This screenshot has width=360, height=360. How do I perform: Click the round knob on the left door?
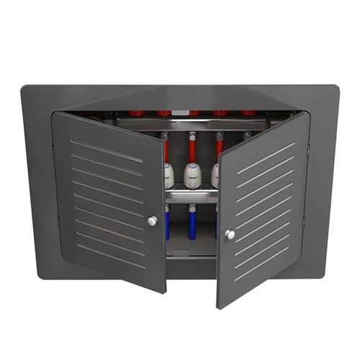(x=152, y=221)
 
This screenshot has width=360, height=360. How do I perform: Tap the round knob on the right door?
(x=230, y=234)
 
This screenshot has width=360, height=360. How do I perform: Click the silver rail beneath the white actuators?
(x=191, y=196)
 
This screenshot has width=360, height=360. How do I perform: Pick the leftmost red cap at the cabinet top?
(x=135, y=113)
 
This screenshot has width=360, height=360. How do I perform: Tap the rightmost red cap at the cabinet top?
(x=248, y=113)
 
